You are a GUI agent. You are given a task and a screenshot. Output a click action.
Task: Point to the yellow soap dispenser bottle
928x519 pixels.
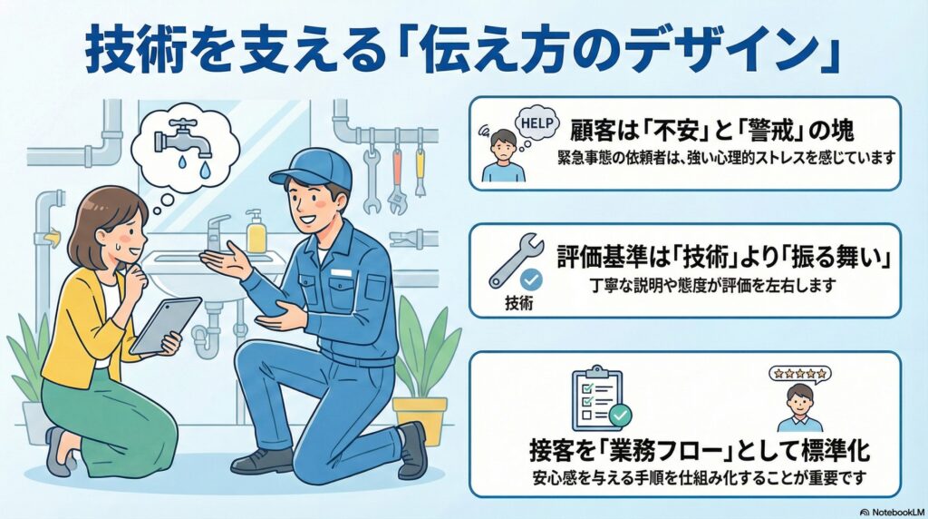point(256,234)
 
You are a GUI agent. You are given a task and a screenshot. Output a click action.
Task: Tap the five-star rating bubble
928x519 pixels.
point(799,373)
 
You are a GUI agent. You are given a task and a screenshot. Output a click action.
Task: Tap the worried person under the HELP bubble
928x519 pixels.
point(501,152)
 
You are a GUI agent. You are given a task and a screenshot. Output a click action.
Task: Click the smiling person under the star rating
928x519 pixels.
point(798,407)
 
